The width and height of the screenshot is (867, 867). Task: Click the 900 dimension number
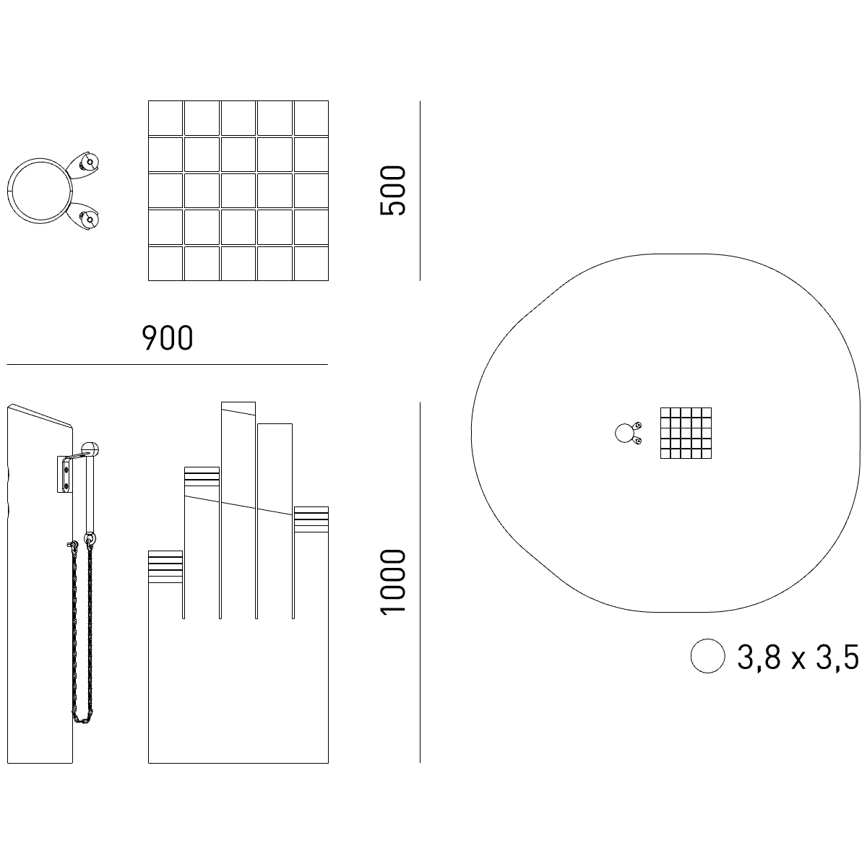[168, 338]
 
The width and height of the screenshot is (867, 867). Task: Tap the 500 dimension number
[393, 190]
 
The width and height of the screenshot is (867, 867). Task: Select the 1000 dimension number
[393, 582]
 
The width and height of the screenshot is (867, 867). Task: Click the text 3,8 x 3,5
[798, 657]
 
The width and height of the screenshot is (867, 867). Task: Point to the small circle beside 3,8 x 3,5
[708, 656]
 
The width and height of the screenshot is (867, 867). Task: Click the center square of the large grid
[238, 191]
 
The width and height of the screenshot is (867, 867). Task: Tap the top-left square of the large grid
[165, 118]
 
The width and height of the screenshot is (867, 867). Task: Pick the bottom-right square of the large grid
[311, 264]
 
